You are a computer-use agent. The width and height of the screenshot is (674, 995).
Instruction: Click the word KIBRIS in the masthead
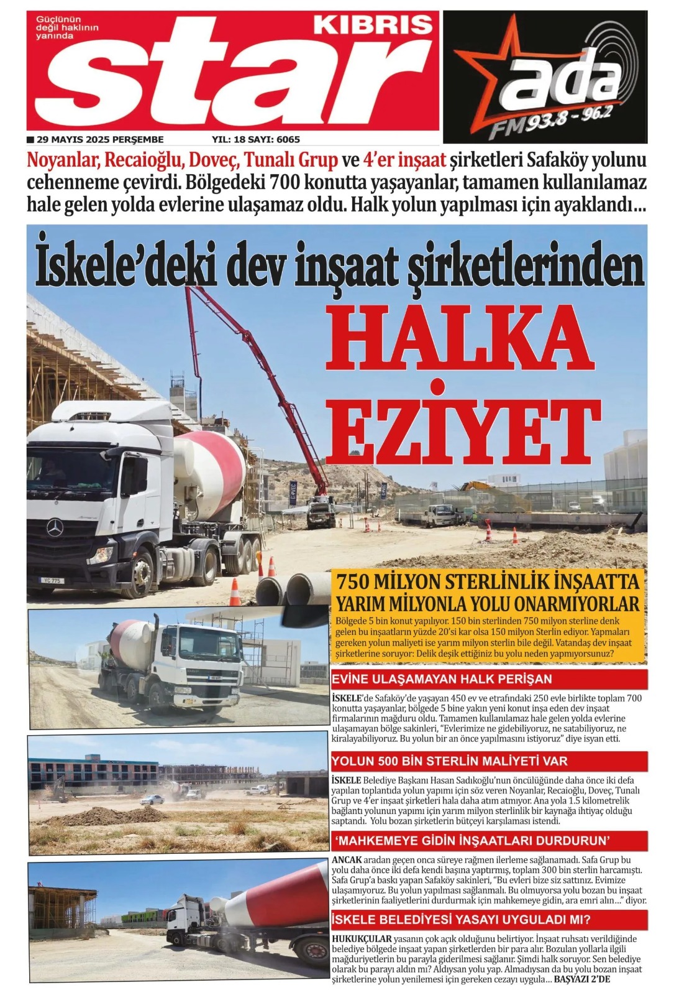click(x=373, y=25)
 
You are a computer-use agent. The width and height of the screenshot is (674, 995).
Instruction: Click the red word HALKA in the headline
click(x=457, y=339)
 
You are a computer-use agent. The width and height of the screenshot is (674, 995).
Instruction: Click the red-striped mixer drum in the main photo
click(x=211, y=470)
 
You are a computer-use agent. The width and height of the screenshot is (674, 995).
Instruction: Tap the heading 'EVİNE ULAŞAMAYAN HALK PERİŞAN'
click(x=442, y=679)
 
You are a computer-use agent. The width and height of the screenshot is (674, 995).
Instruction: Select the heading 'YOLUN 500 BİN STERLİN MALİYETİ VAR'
click(x=449, y=761)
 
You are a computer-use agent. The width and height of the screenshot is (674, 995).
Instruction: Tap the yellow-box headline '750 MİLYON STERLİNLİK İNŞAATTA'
click(x=488, y=582)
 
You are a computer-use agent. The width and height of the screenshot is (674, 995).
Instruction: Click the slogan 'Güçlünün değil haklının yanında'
click(x=59, y=28)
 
